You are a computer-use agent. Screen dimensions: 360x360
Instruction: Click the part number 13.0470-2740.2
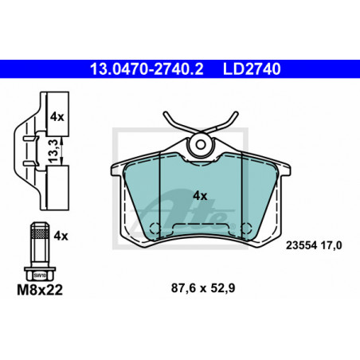[147, 69]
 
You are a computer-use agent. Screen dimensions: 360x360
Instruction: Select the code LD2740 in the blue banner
[252, 69]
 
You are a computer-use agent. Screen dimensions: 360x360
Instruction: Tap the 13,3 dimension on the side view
[53, 151]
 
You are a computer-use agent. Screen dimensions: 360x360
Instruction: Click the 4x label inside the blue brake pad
[200, 196]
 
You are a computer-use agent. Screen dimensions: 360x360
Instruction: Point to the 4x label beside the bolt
[61, 236]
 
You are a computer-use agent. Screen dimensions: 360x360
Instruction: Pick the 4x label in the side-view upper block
[57, 117]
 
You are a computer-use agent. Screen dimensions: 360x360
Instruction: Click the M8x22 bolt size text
[40, 290]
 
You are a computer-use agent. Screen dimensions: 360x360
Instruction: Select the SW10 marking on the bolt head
[40, 276]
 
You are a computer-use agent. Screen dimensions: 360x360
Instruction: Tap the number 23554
[301, 245]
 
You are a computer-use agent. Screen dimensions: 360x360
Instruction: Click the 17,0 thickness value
[331, 245]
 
